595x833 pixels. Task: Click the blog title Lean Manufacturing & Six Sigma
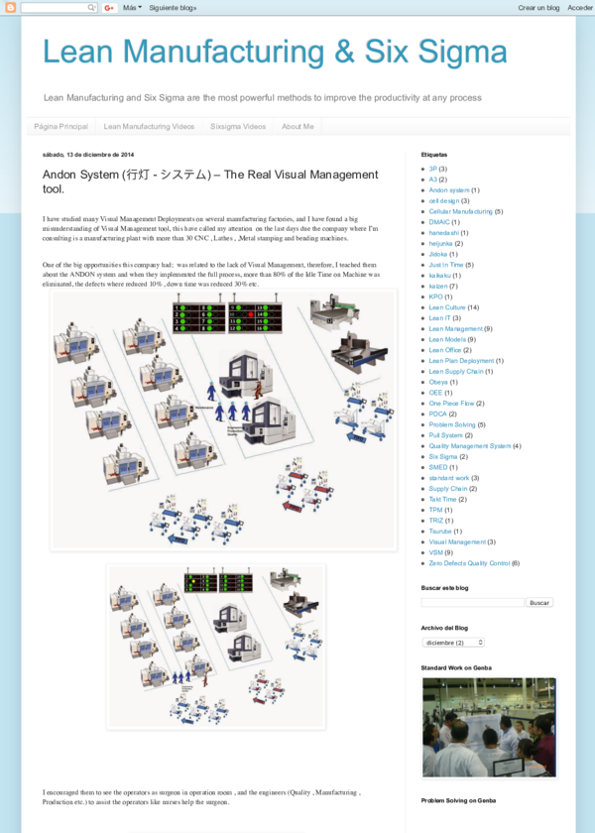(x=275, y=52)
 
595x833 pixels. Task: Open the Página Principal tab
(x=60, y=127)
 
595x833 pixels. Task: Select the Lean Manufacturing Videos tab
(x=149, y=127)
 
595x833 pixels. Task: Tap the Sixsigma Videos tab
(x=237, y=127)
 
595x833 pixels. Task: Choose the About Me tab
(x=297, y=127)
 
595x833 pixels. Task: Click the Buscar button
(x=539, y=602)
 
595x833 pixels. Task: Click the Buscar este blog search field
(x=472, y=602)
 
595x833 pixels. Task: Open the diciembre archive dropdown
(x=453, y=642)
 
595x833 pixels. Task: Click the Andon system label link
(x=449, y=190)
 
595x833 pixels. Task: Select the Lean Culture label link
(x=447, y=307)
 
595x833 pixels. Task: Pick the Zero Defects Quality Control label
(x=469, y=563)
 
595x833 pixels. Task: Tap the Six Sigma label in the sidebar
(x=442, y=456)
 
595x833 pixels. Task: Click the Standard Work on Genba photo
(x=489, y=728)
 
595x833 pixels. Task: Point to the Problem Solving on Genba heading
(x=458, y=800)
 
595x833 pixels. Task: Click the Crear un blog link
(x=538, y=7)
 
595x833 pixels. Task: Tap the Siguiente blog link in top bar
(x=173, y=7)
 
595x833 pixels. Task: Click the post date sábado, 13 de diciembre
(x=88, y=155)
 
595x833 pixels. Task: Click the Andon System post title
(x=210, y=180)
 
